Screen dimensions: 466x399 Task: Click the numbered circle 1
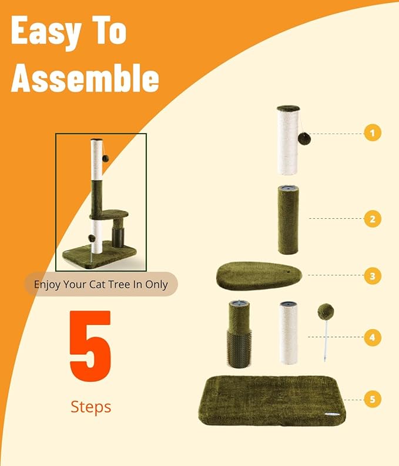tap(372, 133)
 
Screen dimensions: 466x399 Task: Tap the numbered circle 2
tap(372, 219)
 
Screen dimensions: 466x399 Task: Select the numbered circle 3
tap(372, 275)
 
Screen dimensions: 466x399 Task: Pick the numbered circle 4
tap(372, 338)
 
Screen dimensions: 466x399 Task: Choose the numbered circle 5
tap(372, 400)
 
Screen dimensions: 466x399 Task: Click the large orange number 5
tap(90, 347)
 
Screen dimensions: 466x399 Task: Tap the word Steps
tap(90, 406)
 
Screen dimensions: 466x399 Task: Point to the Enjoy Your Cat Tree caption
tap(100, 284)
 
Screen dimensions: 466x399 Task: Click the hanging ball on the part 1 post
tap(304, 139)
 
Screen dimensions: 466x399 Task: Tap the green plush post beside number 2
tap(288, 219)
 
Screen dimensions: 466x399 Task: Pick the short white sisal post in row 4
tap(289, 334)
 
